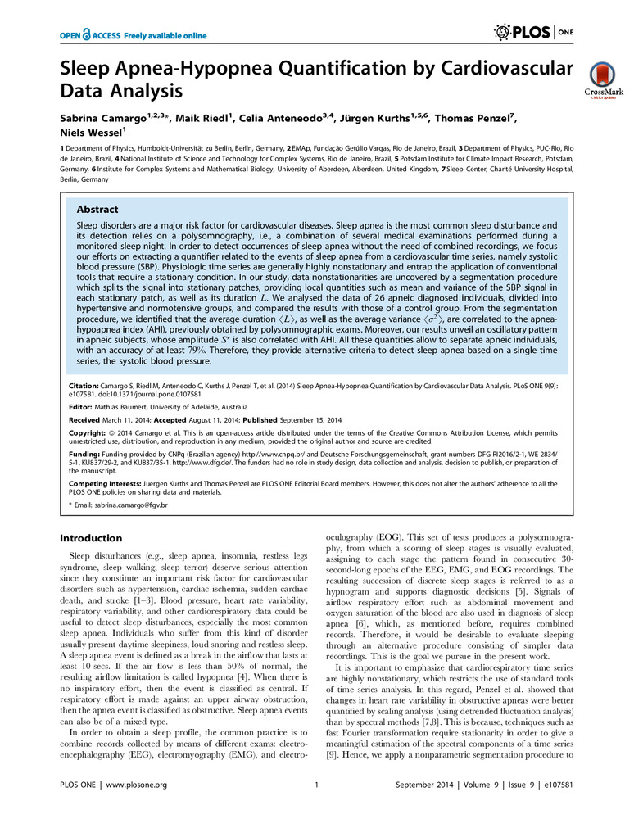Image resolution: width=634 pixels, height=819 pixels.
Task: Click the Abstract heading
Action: click(x=97, y=210)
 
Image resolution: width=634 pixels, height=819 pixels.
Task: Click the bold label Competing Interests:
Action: click(x=102, y=483)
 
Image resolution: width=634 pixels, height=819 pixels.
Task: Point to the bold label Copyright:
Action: click(x=84, y=430)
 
